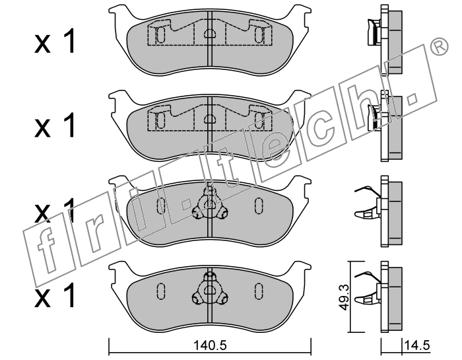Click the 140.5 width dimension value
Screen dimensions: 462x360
(x=210, y=345)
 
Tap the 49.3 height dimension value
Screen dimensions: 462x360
(x=343, y=297)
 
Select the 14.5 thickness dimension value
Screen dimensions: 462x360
(x=417, y=345)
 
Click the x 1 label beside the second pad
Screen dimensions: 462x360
(x=55, y=126)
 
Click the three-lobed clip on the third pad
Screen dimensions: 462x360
(x=209, y=204)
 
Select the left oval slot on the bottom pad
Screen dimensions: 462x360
(x=160, y=291)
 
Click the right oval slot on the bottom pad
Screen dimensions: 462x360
(x=259, y=291)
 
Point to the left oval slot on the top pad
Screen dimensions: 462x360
(x=160, y=35)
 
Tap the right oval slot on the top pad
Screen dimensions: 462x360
(x=259, y=35)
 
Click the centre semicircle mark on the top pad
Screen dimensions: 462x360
(x=209, y=33)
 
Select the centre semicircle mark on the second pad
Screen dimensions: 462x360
(x=209, y=118)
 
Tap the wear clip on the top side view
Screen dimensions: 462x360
(x=374, y=32)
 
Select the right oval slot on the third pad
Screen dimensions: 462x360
(x=259, y=205)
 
